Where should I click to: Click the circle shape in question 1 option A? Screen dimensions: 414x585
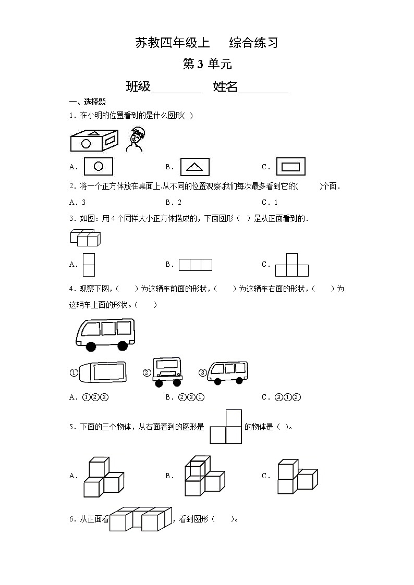(x=98, y=167)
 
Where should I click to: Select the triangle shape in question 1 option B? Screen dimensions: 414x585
(x=194, y=167)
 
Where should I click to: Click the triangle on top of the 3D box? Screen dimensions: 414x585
(x=94, y=132)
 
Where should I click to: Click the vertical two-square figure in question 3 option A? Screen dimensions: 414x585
(x=89, y=265)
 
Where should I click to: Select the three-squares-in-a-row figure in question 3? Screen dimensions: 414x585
(x=196, y=265)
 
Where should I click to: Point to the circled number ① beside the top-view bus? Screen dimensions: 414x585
(x=74, y=372)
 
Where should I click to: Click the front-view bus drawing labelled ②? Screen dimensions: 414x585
(x=167, y=371)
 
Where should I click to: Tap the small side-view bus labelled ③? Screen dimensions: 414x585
(x=227, y=373)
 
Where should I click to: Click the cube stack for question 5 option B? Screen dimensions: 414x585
(x=204, y=476)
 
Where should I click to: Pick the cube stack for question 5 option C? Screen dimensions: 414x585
(x=297, y=476)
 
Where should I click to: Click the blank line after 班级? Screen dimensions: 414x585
(x=176, y=88)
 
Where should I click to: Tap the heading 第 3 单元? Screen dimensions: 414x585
(x=207, y=64)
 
